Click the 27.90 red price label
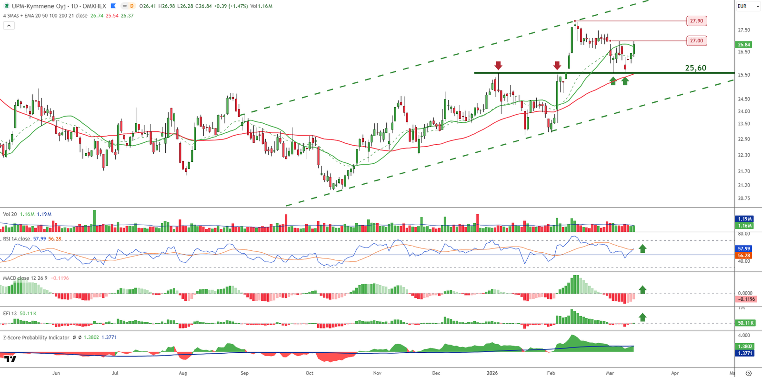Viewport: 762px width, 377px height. coord(696,21)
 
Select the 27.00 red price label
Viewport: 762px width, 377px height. coord(696,41)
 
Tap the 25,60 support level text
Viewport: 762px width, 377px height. coord(695,68)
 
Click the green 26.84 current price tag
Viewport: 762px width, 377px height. coord(744,45)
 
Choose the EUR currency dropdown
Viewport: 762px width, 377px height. coord(748,6)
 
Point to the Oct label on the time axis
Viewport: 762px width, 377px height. coord(310,373)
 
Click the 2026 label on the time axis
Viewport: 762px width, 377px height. coord(492,373)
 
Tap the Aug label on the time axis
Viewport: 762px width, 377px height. coord(183,373)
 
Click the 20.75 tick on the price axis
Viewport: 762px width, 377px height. coord(744,198)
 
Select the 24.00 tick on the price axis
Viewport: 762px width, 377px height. coord(744,111)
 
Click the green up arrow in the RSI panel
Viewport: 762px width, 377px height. coord(642,248)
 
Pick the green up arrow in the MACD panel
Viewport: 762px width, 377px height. coord(642,289)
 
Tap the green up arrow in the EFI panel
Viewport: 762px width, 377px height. coord(642,317)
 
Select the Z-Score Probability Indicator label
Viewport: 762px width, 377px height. coord(36,337)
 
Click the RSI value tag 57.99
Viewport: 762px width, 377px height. coord(744,249)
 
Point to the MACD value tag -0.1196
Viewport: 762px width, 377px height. coord(746,299)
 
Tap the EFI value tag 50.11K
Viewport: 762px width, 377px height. coord(745,323)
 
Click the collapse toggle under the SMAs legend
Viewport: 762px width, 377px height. coord(9,26)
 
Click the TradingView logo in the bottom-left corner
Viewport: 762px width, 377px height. coord(10,359)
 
